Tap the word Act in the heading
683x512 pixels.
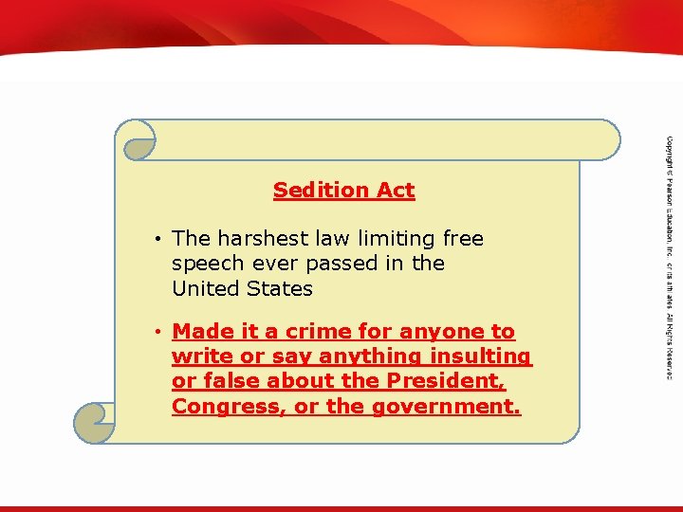click(396, 190)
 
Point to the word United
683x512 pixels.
click(207, 287)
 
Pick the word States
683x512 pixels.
click(280, 287)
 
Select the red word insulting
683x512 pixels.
click(479, 357)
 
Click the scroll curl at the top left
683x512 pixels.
click(137, 139)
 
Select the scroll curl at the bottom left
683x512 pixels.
click(95, 423)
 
